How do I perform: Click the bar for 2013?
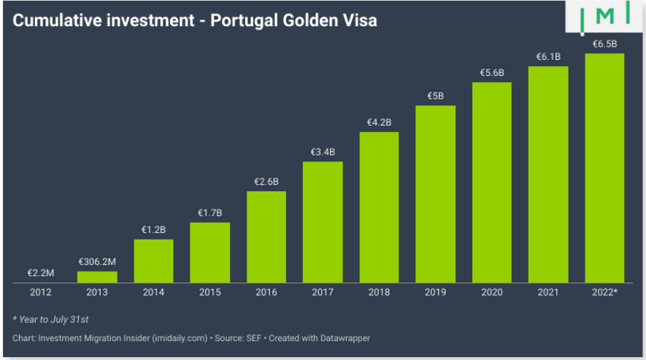coord(97,277)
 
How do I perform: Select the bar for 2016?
coord(266,237)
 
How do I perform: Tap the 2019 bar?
coord(436,194)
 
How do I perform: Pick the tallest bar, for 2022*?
coord(604,167)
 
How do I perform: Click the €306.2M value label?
coord(97,261)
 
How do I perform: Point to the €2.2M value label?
coord(41,272)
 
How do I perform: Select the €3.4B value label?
coord(323,152)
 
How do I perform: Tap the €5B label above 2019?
coord(436,96)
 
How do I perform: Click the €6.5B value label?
coord(604,43)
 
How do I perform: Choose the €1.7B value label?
coord(210,212)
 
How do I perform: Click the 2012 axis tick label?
coord(41,292)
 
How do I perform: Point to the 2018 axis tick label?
coord(379,292)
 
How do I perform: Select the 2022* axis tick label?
coord(605,292)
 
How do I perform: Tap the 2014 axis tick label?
coord(153,292)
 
